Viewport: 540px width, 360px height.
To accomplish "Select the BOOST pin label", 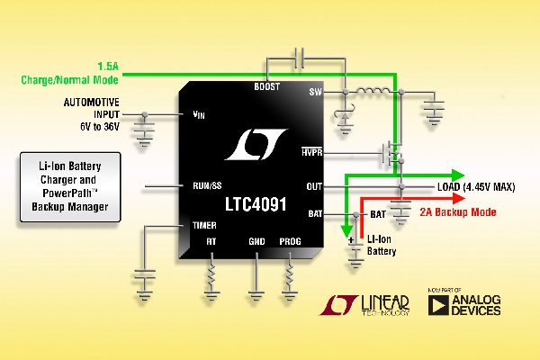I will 267,87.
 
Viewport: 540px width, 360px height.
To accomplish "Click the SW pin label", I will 315,92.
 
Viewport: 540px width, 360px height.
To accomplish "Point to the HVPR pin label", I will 311,154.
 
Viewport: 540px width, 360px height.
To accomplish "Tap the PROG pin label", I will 291,241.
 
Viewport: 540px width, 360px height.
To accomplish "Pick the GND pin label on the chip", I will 257,241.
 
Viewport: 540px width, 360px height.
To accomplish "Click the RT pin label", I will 211,241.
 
